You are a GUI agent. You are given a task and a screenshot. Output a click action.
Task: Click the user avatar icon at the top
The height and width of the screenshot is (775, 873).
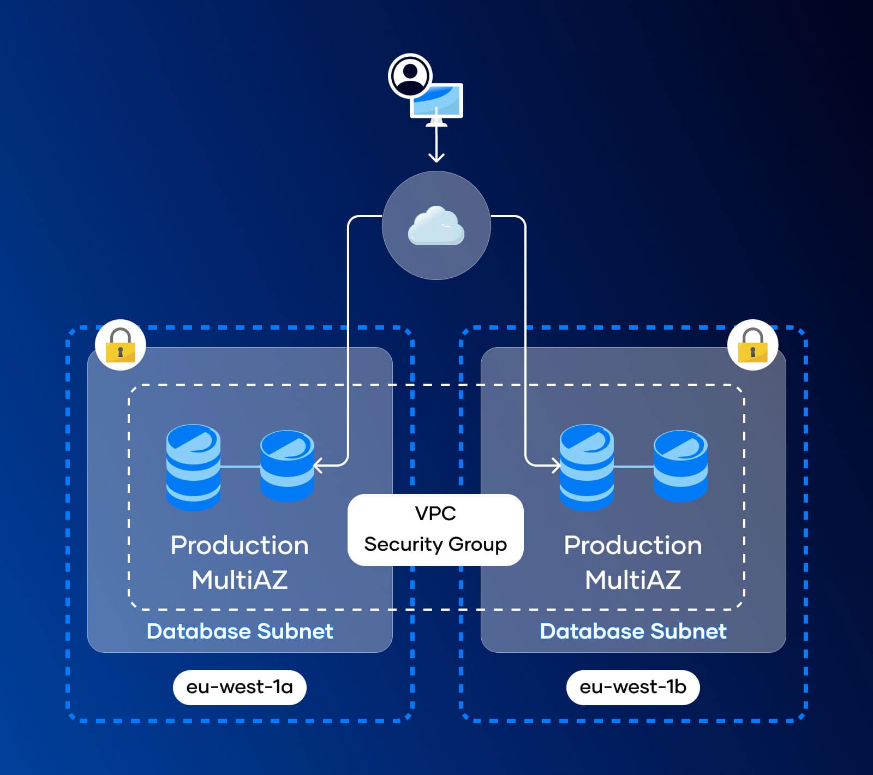click(410, 76)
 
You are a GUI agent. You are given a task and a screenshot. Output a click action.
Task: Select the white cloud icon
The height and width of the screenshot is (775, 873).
click(436, 225)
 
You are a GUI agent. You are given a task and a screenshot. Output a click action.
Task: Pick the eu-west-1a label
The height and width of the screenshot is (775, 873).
click(240, 687)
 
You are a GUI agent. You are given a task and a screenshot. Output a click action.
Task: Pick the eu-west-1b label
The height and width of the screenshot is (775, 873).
click(633, 687)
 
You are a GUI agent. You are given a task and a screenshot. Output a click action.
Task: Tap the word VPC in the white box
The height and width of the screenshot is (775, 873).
click(435, 514)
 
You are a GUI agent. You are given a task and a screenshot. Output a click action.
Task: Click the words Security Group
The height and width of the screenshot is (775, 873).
click(435, 544)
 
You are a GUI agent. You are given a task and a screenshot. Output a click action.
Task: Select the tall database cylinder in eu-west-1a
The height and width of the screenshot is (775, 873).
click(193, 467)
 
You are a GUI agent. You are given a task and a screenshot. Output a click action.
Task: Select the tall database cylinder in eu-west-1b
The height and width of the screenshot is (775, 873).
click(587, 467)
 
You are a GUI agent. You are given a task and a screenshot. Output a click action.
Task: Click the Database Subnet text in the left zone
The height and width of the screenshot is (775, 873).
click(240, 631)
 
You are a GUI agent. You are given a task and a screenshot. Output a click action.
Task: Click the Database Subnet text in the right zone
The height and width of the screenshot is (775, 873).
click(633, 631)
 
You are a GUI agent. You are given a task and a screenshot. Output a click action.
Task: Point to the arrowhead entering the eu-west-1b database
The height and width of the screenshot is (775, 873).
click(556, 466)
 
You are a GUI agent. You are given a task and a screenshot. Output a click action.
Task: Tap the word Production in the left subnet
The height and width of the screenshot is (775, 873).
click(240, 545)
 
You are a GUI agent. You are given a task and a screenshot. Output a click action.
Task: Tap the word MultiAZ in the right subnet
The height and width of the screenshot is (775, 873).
click(633, 580)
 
